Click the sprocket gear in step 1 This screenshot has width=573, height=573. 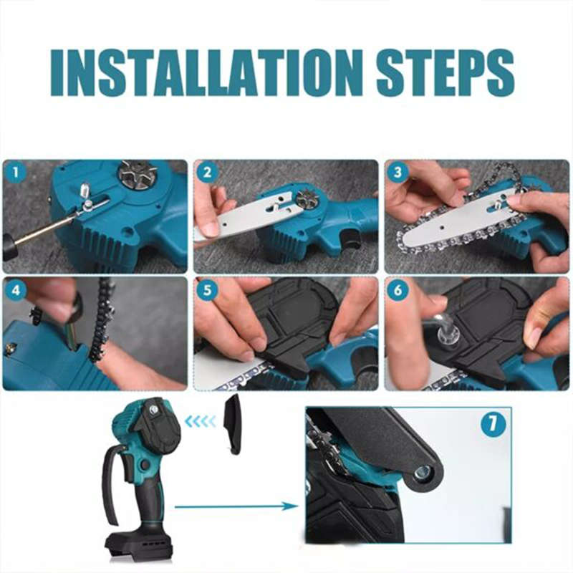[x=138, y=175]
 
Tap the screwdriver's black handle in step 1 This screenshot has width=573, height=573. [x=9, y=247]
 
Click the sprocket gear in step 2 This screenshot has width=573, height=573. [x=309, y=200]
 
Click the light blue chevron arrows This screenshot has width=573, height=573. [x=201, y=422]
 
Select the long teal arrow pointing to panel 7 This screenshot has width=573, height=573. [x=236, y=506]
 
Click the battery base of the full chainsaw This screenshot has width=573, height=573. [x=140, y=546]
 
